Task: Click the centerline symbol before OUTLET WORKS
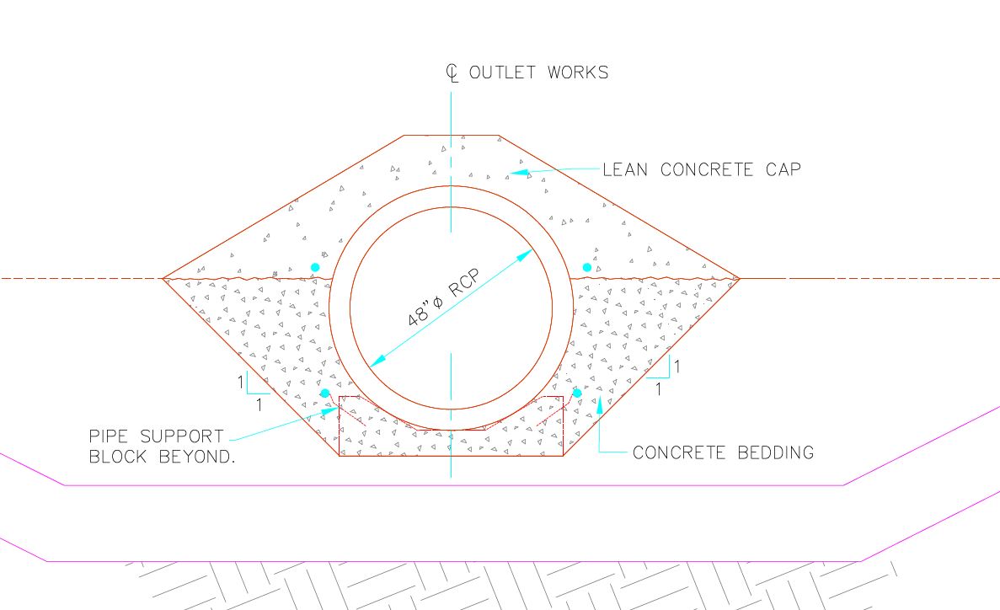pos(452,72)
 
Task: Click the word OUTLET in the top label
pos(503,72)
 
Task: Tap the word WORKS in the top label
pos(578,72)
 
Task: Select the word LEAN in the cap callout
pos(625,169)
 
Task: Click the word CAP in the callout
pos(783,169)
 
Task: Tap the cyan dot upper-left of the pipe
pos(314,267)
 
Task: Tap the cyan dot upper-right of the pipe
pos(586,267)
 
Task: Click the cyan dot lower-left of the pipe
pos(324,393)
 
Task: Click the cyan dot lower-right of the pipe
pos(577,393)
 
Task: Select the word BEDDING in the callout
pos(776,452)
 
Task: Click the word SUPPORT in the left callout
pos(182,436)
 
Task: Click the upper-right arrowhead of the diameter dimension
pos(524,255)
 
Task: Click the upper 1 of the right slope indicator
pos(676,367)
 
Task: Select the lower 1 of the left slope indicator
pos(259,404)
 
